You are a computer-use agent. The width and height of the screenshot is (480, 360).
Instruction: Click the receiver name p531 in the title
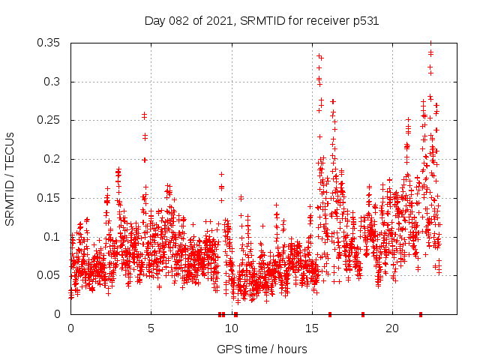click(363, 21)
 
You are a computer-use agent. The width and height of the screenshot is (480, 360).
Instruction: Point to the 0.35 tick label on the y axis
click(49, 43)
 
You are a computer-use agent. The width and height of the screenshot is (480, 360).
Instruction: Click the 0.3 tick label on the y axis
click(53, 82)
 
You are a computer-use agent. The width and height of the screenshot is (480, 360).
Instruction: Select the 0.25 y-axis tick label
click(49, 120)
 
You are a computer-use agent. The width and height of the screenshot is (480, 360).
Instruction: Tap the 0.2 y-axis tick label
click(53, 159)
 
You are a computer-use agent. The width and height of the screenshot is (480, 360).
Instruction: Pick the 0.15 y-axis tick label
click(49, 198)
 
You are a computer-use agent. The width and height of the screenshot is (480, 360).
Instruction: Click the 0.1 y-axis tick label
click(53, 237)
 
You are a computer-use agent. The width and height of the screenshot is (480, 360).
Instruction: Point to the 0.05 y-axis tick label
click(49, 275)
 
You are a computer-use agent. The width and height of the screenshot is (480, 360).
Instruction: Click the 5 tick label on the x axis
click(151, 328)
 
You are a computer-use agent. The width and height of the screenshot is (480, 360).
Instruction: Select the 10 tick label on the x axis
click(231, 328)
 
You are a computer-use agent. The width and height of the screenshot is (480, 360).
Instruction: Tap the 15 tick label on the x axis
click(311, 328)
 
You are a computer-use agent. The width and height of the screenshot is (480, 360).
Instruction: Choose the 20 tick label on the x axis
click(391, 328)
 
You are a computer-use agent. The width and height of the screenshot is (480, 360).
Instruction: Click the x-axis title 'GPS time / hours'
click(262, 349)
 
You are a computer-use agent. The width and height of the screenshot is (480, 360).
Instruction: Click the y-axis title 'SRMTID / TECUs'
click(10, 178)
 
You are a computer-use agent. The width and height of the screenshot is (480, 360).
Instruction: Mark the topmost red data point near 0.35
click(430, 43)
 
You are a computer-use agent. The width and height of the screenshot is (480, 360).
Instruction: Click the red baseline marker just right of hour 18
click(363, 314)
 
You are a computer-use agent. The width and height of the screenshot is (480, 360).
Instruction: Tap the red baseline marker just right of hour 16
click(330, 314)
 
